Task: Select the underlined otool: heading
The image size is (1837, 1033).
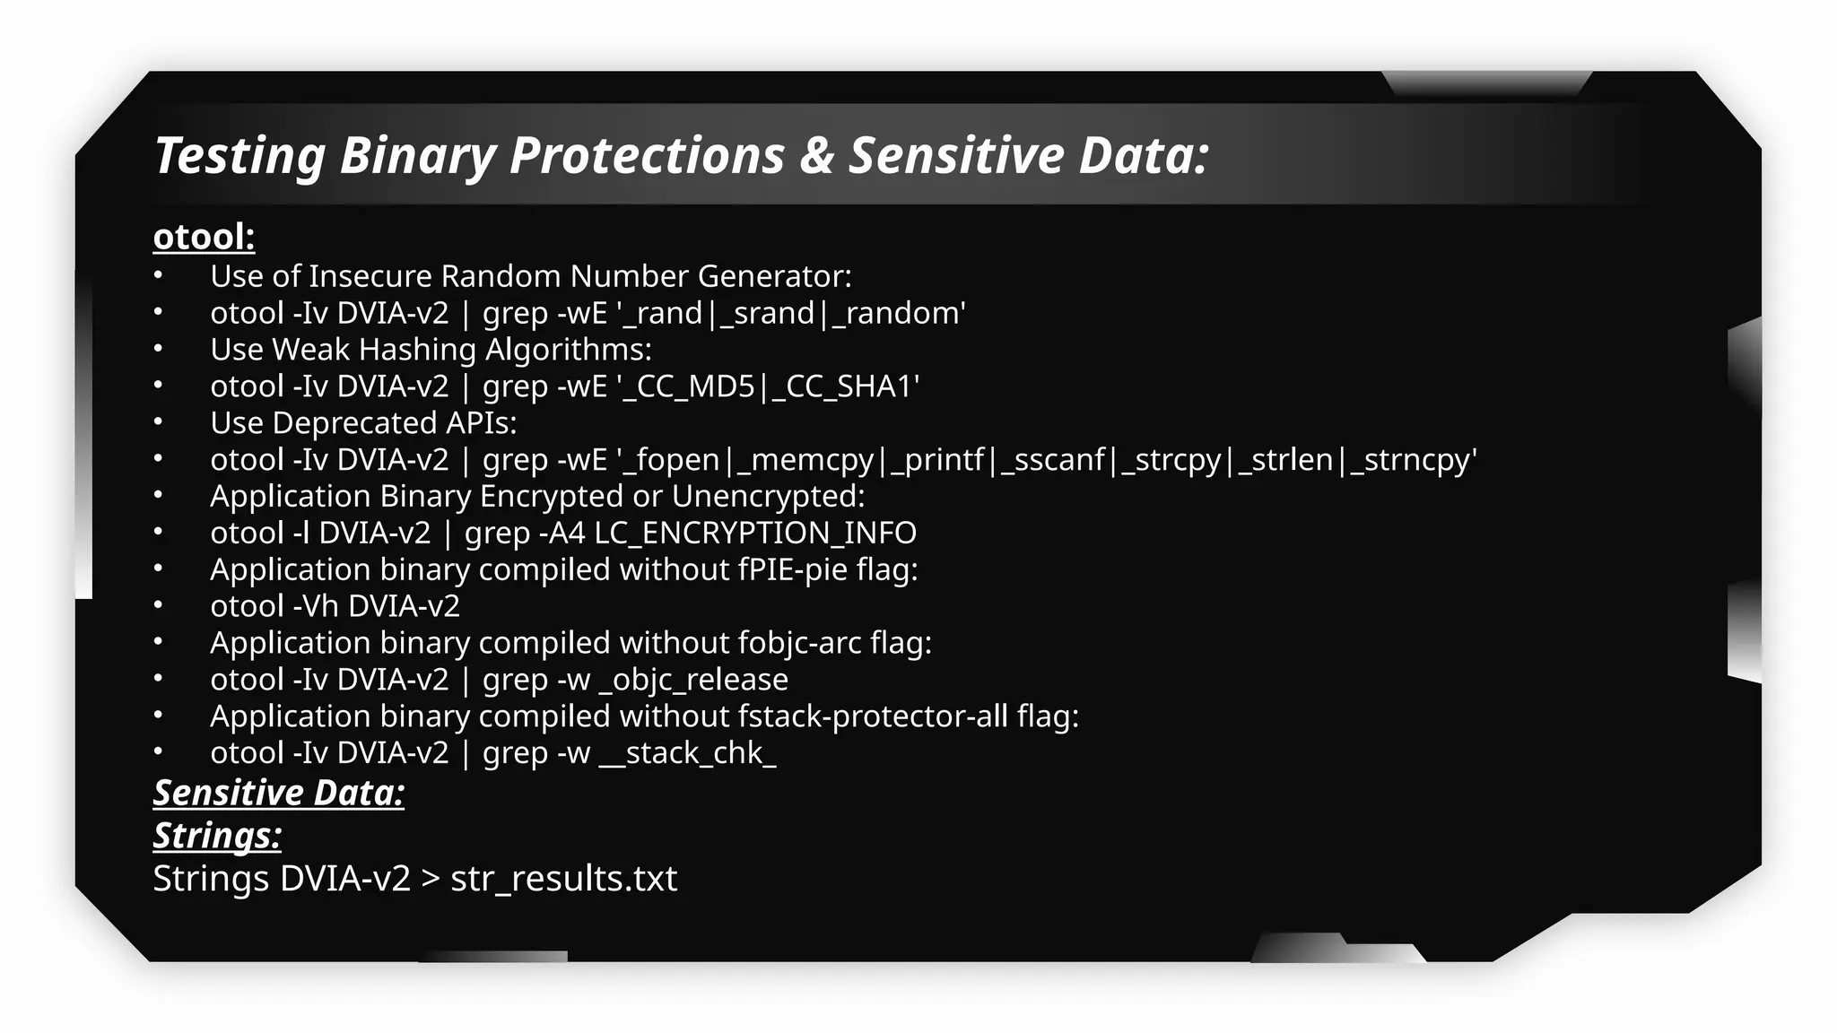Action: (x=205, y=238)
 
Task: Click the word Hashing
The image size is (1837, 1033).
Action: (x=416, y=350)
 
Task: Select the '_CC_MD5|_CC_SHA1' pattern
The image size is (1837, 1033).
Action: (x=769, y=386)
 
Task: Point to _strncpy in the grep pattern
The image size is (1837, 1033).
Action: (x=1413, y=460)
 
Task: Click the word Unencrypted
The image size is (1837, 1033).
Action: (x=768, y=497)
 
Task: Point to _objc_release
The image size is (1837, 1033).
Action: (x=693, y=681)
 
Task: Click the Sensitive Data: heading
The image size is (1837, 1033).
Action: (x=279, y=794)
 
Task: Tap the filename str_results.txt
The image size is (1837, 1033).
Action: (x=563, y=879)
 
